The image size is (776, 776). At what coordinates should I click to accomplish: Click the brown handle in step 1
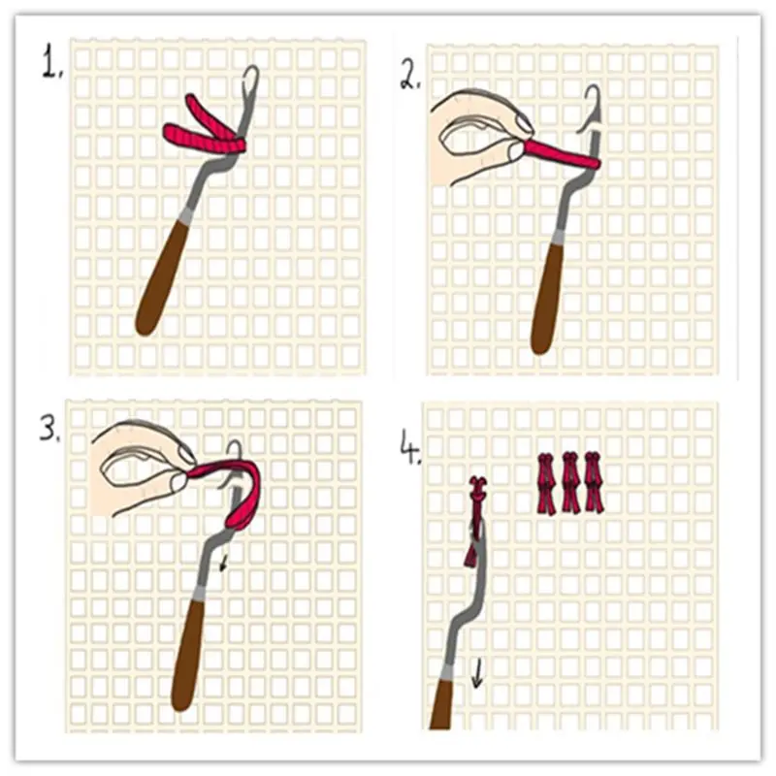point(163,281)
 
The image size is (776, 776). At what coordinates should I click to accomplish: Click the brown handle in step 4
point(442,703)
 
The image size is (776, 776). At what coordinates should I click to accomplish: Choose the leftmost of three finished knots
point(547,482)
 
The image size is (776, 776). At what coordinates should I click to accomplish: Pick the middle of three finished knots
point(570,482)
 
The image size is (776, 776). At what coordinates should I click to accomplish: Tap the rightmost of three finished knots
point(594,482)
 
